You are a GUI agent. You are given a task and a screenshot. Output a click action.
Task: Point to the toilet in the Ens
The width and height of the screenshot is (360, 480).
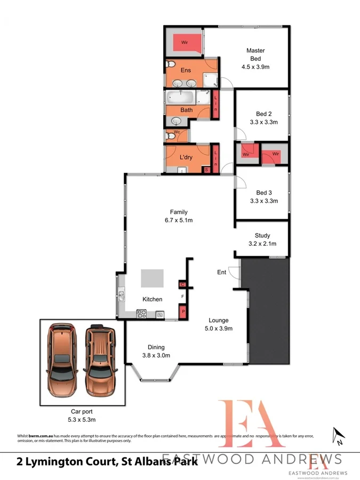click(x=170, y=65)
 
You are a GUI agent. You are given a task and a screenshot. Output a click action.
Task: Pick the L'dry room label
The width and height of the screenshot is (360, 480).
click(x=186, y=157)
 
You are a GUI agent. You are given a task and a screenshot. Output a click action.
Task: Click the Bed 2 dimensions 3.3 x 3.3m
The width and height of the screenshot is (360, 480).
click(x=263, y=122)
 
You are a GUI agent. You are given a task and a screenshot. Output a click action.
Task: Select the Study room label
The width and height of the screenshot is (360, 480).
click(x=263, y=235)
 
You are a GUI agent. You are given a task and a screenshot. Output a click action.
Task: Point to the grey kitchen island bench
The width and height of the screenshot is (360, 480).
click(x=152, y=278)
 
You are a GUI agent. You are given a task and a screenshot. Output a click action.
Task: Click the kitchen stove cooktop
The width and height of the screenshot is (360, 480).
click(x=142, y=314)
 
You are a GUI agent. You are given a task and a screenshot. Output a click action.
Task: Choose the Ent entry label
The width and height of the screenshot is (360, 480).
click(x=221, y=273)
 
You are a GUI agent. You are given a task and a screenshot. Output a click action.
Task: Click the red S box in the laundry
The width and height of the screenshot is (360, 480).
click(x=206, y=170)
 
